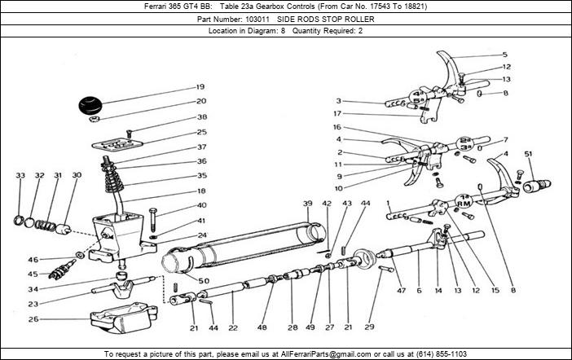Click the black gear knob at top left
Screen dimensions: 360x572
[91, 107]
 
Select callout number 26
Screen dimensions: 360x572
[33, 319]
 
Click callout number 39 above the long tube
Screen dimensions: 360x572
[308, 203]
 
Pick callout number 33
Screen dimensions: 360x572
[20, 175]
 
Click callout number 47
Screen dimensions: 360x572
[400, 289]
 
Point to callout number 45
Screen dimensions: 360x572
[33, 274]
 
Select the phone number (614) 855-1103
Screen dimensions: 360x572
[438, 354]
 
